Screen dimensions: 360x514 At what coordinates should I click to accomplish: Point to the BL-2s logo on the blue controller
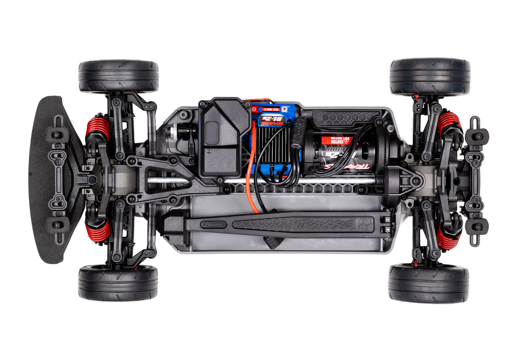(x=271, y=121)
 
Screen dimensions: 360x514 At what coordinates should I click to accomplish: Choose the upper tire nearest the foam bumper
(x=119, y=76)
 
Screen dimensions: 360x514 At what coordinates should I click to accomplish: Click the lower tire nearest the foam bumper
(x=118, y=282)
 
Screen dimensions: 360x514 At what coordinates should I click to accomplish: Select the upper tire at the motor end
(x=430, y=77)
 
